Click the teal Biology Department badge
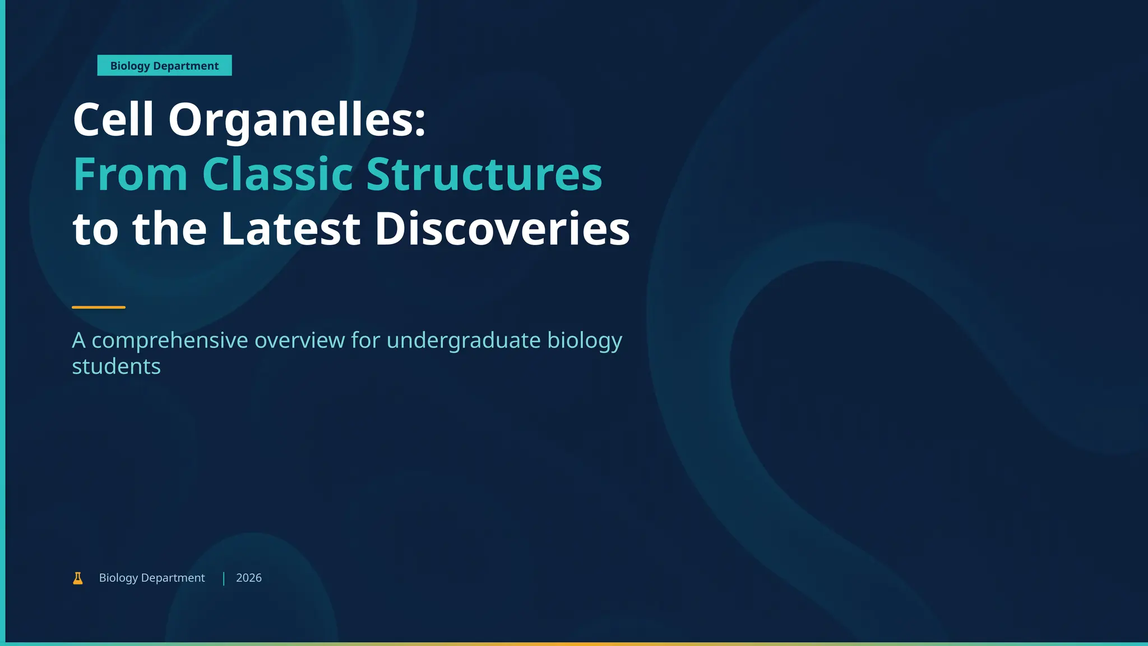(164, 66)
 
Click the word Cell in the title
(113, 119)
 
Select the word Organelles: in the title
(297, 122)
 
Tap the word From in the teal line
(130, 174)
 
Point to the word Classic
(277, 174)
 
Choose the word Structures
(484, 174)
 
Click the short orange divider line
(99, 307)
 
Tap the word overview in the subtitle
(300, 340)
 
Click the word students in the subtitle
(117, 367)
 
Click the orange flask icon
(78, 578)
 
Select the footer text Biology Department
(152, 578)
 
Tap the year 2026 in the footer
(249, 578)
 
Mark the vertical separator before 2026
(224, 579)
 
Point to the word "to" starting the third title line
(96, 229)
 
